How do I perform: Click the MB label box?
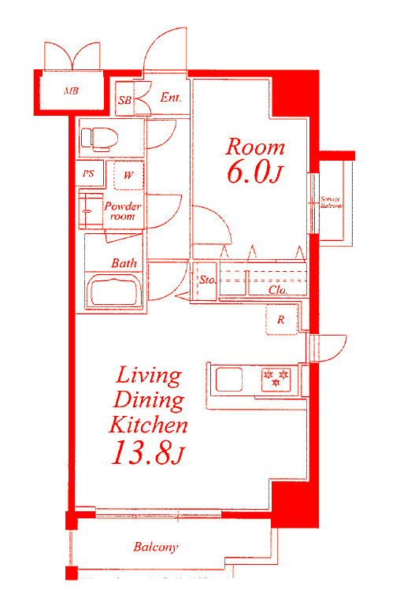71,91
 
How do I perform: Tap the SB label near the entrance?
124,100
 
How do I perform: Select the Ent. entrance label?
170,98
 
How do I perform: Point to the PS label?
88,174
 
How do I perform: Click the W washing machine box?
128,174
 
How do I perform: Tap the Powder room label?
122,211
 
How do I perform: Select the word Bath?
124,263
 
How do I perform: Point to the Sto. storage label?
206,280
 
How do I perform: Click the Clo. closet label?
277,290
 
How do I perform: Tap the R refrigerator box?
280,320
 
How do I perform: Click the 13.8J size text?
147,455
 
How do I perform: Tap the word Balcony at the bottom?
155,547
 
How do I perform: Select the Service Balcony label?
331,202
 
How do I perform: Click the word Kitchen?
148,425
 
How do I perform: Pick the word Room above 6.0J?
255,147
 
